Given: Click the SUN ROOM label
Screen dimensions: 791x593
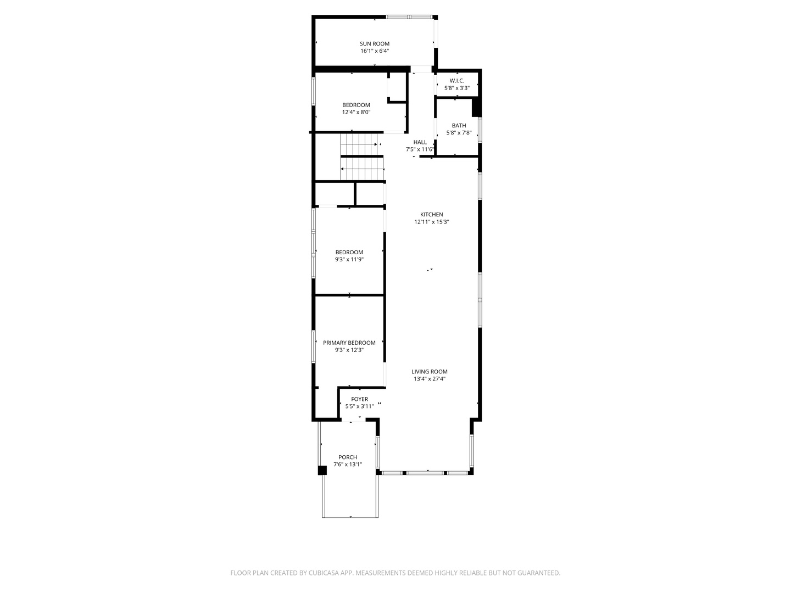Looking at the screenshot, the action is coord(375,43).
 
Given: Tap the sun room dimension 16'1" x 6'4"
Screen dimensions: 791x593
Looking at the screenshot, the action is coord(375,51).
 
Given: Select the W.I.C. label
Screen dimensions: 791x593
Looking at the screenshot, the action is coord(456,81).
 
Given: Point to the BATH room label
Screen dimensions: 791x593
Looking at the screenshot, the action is coord(459,125).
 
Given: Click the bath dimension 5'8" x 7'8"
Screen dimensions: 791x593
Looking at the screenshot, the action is coord(459,132).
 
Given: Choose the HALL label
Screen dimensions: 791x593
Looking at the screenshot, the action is coord(420,142).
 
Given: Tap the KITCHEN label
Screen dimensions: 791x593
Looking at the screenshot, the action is coord(431,215).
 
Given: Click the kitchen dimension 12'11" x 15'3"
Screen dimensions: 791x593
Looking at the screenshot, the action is coord(431,222).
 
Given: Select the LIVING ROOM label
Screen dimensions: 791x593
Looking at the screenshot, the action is coord(430,372).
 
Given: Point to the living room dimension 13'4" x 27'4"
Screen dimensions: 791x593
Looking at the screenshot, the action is coord(430,379).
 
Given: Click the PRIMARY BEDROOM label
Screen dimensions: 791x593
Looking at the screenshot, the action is coord(349,343).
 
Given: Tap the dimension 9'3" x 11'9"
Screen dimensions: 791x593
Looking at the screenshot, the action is coord(349,259).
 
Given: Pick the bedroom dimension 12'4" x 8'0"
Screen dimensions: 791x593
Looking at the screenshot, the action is coord(356,112).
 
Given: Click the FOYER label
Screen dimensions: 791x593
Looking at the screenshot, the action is coord(359,399).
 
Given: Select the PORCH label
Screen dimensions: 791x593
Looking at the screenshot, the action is coord(347,457).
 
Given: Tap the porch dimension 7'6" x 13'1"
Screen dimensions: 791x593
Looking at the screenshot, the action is coord(347,465).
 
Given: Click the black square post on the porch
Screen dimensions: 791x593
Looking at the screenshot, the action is coord(322,470).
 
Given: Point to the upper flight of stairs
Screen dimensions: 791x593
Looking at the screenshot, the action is coord(359,144).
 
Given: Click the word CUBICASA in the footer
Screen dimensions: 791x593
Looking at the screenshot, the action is coord(324,573).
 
